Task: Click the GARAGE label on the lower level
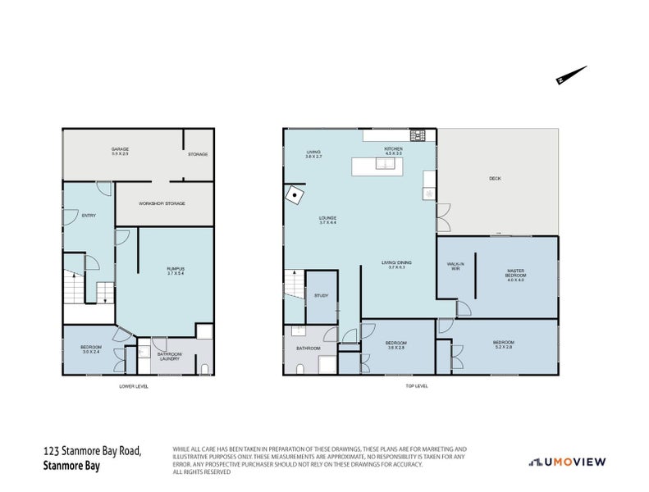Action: point(121,152)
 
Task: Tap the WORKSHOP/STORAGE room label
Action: point(162,203)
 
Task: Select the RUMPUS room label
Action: point(176,271)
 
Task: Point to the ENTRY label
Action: point(88,215)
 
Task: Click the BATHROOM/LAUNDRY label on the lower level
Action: point(170,356)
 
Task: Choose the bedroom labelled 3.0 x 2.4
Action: point(90,349)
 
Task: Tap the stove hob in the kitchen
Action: point(417,136)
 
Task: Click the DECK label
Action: point(495,178)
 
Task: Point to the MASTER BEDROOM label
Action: point(514,276)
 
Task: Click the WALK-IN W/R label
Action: point(455,266)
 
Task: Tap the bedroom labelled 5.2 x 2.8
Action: point(503,344)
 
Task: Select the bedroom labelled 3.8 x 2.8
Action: point(395,345)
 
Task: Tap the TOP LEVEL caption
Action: point(417,386)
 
